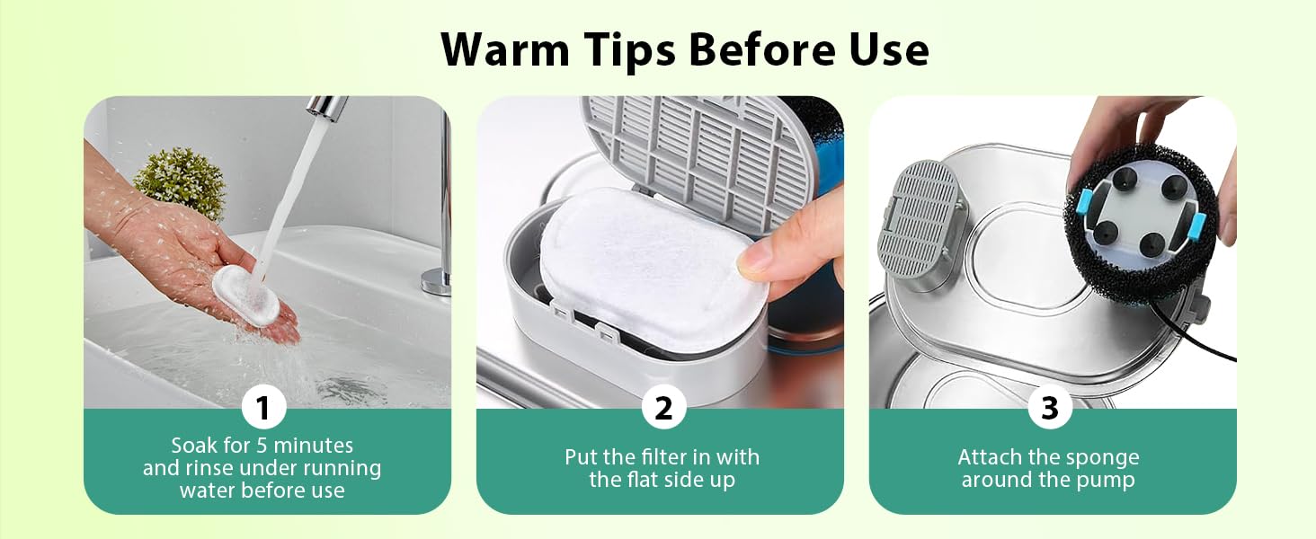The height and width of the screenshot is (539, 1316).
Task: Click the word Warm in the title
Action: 504,49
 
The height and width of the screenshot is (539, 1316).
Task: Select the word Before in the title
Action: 762,49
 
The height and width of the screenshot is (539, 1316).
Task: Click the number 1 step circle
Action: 263,406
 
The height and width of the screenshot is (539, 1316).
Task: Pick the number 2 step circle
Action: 664,406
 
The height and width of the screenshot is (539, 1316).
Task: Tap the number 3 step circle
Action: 1050,406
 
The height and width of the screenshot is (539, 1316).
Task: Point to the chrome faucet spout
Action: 326,108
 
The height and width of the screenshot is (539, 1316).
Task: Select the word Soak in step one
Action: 194,446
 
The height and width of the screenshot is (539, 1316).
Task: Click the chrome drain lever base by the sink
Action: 437,282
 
